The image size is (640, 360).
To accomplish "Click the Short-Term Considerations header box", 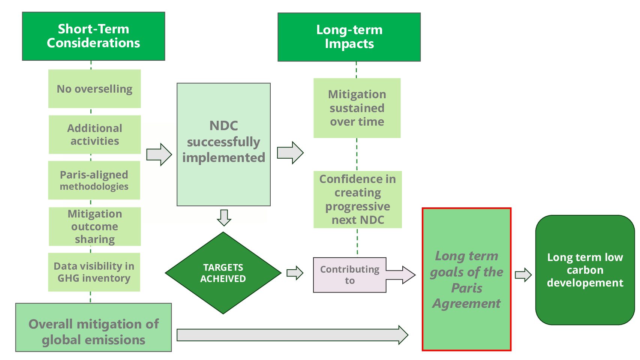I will click(93, 36).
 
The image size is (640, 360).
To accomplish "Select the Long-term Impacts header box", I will click(349, 37).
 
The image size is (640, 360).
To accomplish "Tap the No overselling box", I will click(94, 89).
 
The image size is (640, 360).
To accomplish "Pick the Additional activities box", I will click(94, 135).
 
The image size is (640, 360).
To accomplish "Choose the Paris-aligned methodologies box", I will click(94, 180).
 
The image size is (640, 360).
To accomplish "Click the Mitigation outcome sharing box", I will click(95, 226).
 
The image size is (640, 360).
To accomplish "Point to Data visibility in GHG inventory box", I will click(94, 272).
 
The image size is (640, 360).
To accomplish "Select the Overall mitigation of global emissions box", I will click(93, 327).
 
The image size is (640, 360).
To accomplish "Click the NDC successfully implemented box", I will click(223, 144).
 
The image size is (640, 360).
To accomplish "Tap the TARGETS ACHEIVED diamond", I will click(223, 273).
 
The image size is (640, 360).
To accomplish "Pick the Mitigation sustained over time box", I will click(357, 108).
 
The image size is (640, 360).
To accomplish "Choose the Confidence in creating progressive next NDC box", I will click(358, 199).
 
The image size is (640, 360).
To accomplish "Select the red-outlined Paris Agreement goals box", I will click(466, 279).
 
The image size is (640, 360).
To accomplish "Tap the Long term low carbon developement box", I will click(585, 270).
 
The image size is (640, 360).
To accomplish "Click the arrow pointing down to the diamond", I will click(224, 217).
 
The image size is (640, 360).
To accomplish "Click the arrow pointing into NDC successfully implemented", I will click(159, 154).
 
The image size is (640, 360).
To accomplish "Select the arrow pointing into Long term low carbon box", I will click(523, 275).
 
